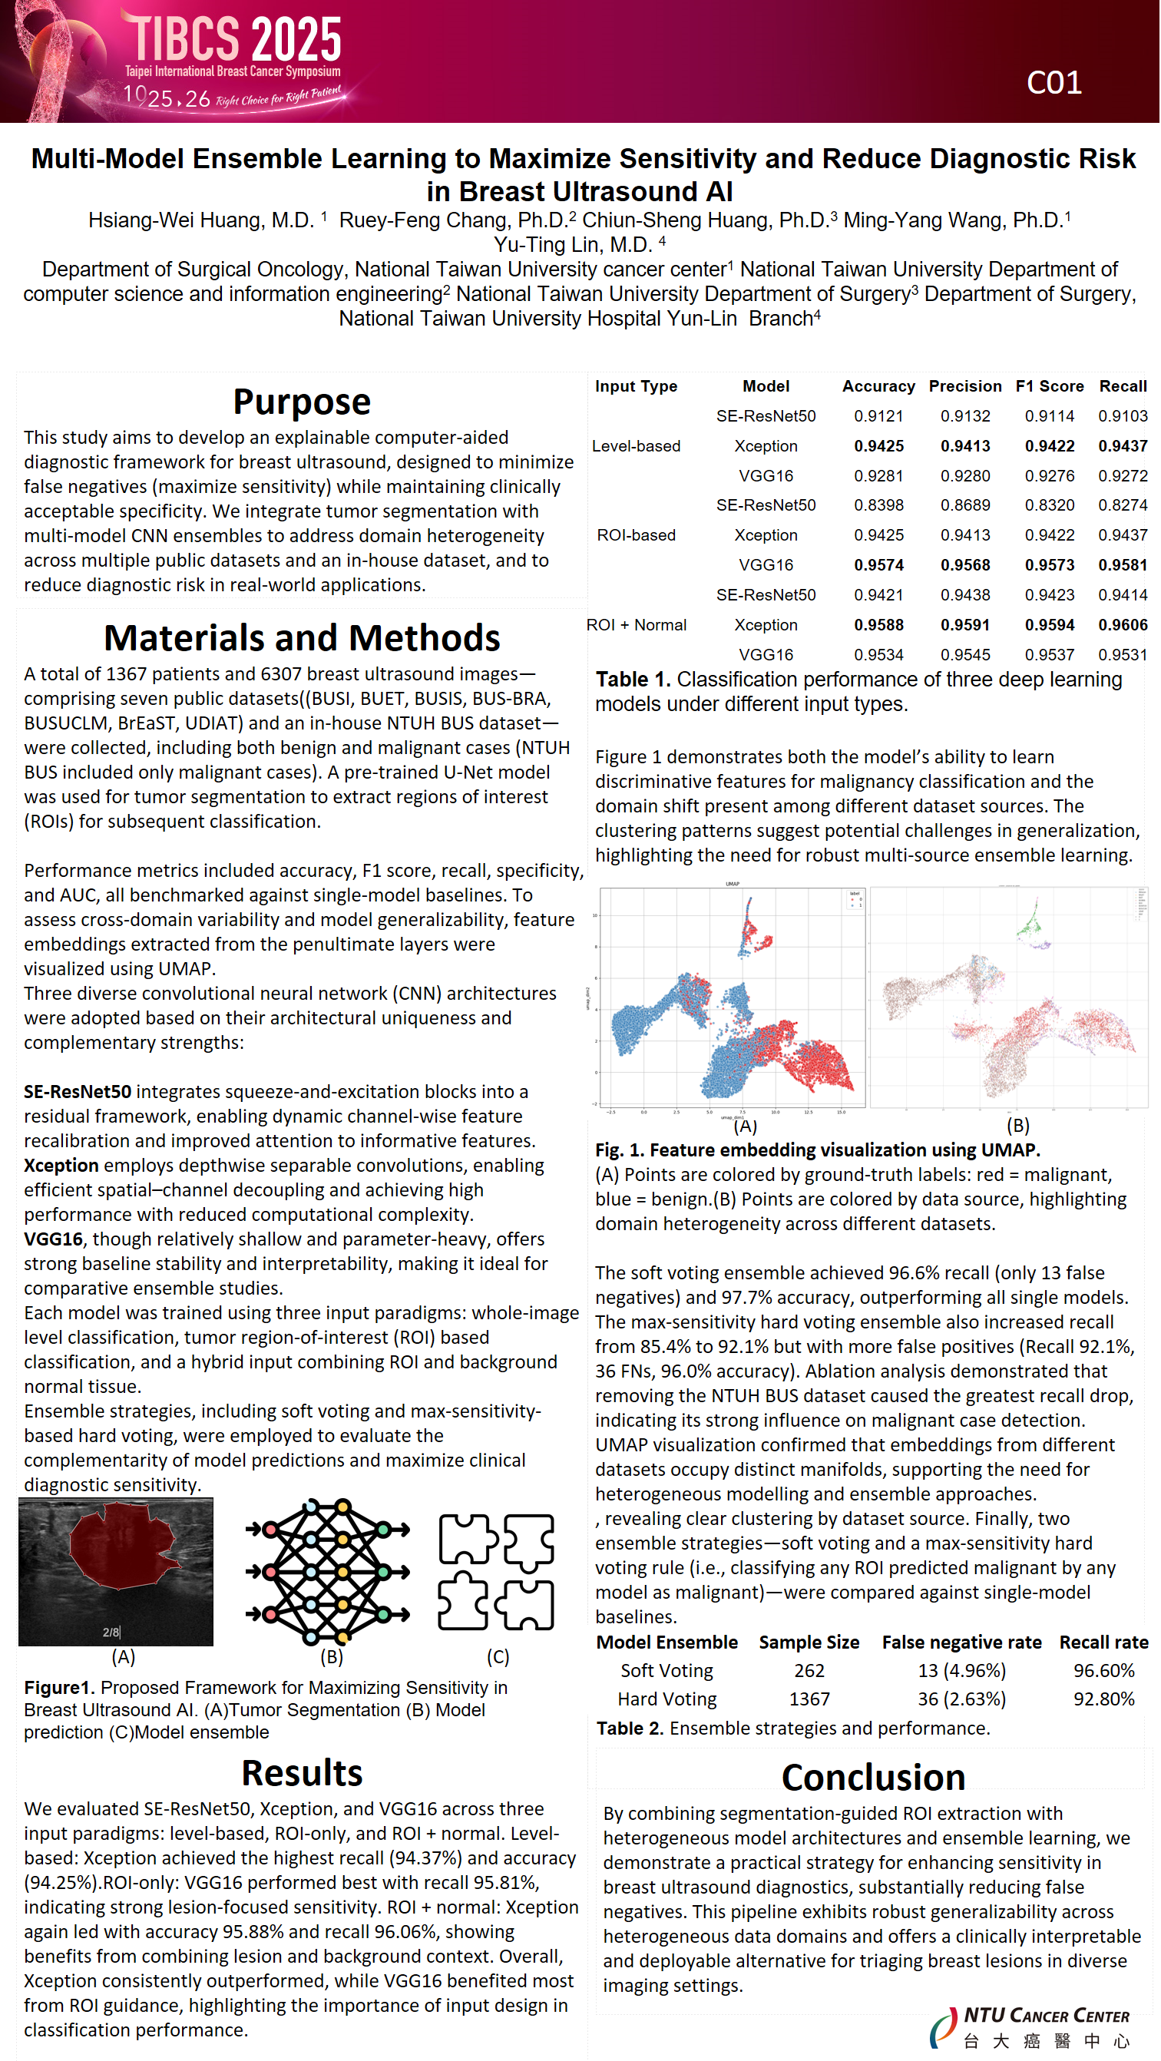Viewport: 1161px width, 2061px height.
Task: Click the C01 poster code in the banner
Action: click(1054, 83)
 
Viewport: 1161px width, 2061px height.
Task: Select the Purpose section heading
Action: click(302, 402)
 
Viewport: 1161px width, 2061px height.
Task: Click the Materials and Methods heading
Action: click(302, 638)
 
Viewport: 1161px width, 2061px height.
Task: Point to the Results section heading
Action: click(302, 1774)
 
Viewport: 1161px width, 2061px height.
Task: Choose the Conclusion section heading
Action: click(874, 1778)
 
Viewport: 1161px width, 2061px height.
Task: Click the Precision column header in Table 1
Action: click(966, 386)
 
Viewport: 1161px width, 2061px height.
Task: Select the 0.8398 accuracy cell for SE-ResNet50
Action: click(878, 505)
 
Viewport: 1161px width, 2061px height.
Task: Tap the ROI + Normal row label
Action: click(637, 626)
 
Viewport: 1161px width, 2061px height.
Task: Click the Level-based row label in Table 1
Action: click(637, 446)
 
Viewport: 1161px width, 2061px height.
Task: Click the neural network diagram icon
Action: click(328, 1572)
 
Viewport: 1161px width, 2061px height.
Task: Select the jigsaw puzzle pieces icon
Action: click(496, 1572)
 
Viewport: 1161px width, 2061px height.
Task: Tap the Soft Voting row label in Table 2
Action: click(666, 1672)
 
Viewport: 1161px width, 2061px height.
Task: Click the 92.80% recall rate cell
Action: click(1104, 1699)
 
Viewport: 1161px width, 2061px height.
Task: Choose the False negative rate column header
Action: click(962, 1643)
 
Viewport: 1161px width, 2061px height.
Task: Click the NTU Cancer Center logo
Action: click(1032, 2027)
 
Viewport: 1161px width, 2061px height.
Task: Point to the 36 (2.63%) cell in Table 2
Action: click(962, 1699)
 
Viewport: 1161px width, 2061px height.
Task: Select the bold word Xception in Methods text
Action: click(61, 1166)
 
